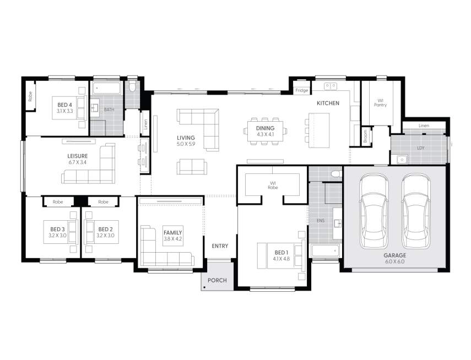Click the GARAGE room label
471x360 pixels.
pyautogui.click(x=394, y=255)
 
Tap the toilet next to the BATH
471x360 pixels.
pyautogui.click(x=132, y=86)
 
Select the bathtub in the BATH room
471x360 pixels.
pyautogui.click(x=107, y=88)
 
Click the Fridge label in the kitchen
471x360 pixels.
pyautogui.click(x=301, y=90)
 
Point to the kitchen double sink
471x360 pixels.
pyautogui.click(x=331, y=86)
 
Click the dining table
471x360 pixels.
pyautogui.click(x=265, y=131)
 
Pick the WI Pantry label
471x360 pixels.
pyautogui.click(x=380, y=103)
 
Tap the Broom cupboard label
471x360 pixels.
pyautogui.click(x=366, y=137)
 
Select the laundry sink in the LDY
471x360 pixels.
pyautogui.click(x=402, y=159)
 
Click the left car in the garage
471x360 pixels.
pyautogui.click(x=374, y=211)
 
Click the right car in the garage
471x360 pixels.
pyautogui.click(x=416, y=211)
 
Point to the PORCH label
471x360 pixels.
pyautogui.click(x=217, y=280)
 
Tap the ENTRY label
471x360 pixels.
pyautogui.click(x=220, y=246)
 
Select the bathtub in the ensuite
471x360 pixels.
pyautogui.click(x=326, y=250)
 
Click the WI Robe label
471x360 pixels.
pyautogui.click(x=273, y=186)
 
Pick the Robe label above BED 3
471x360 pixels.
pyautogui.click(x=58, y=202)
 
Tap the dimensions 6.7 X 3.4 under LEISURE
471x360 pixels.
pyautogui.click(x=78, y=162)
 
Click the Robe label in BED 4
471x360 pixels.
pyautogui.click(x=30, y=96)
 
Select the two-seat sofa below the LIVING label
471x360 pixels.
pyautogui.click(x=192, y=167)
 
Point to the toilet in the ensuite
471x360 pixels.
pyautogui.click(x=335, y=174)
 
